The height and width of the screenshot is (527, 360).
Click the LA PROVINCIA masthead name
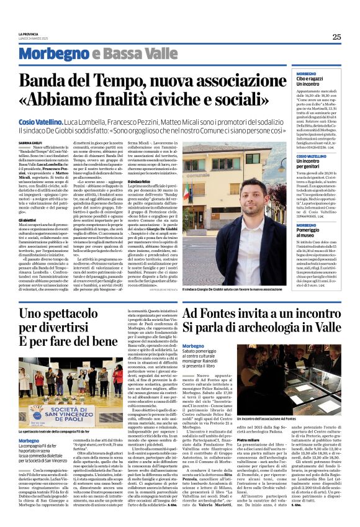29,34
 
